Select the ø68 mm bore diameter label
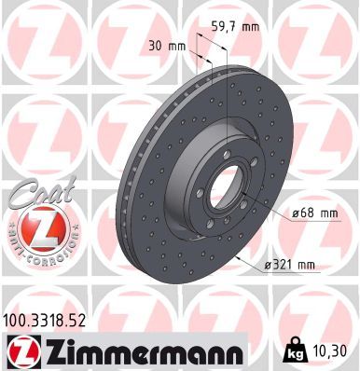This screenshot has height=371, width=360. [x=315, y=213]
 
